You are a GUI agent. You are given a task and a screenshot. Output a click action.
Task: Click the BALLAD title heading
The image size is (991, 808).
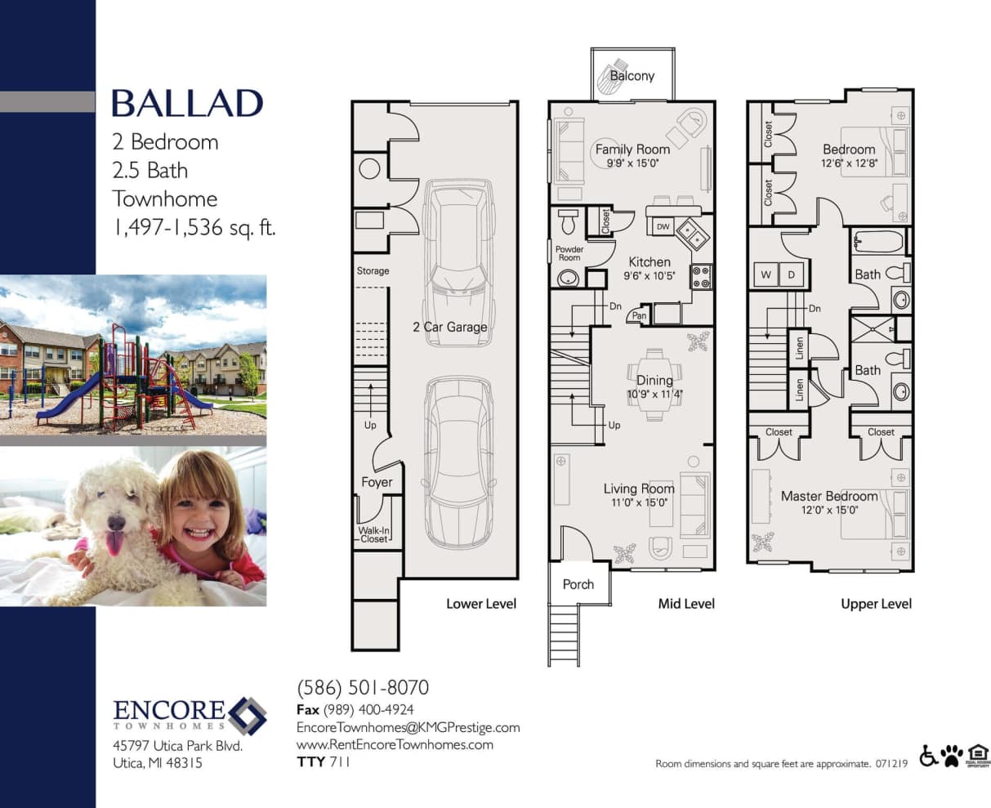(187, 104)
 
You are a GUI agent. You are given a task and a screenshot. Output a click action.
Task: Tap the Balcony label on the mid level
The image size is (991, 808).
(632, 76)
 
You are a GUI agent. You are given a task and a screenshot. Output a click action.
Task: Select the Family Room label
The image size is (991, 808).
(632, 150)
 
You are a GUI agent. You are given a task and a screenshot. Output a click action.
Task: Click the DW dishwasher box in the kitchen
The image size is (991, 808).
(663, 226)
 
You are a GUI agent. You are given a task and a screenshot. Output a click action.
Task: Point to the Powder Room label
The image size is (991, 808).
(569, 253)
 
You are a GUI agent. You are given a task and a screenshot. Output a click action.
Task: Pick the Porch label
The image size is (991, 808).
(578, 585)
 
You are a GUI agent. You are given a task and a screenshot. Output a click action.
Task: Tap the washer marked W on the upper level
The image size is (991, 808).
(766, 275)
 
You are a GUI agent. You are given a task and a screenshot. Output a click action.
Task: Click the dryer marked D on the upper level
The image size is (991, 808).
(791, 275)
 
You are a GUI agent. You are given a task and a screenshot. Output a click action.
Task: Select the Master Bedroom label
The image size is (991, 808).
(829, 497)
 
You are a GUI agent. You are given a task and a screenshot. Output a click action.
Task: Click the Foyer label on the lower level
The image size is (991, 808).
(377, 483)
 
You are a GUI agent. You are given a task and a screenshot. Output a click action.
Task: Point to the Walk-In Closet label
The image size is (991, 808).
(374, 534)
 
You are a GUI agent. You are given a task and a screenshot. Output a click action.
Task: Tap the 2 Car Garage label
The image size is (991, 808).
(449, 327)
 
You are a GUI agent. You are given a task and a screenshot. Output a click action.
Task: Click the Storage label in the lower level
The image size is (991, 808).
(373, 270)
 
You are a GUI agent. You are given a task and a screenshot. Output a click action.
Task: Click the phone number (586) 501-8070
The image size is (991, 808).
(362, 688)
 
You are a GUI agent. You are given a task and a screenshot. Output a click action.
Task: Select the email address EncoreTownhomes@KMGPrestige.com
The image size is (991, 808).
(408, 727)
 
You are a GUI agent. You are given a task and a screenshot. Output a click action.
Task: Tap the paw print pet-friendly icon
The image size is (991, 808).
(952, 757)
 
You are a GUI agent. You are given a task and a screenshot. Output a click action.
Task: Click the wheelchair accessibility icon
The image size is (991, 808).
(928, 757)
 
